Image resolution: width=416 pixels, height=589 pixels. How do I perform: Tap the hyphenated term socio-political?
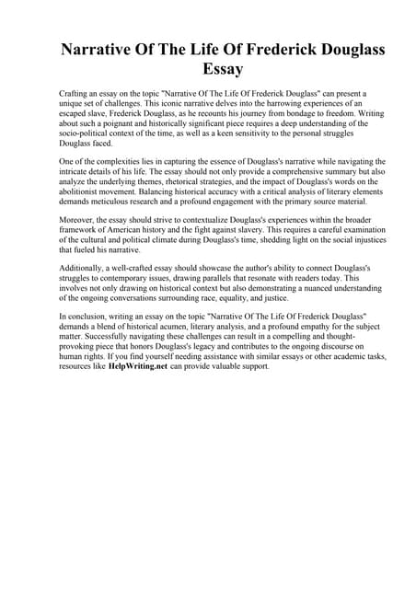click(89, 137)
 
